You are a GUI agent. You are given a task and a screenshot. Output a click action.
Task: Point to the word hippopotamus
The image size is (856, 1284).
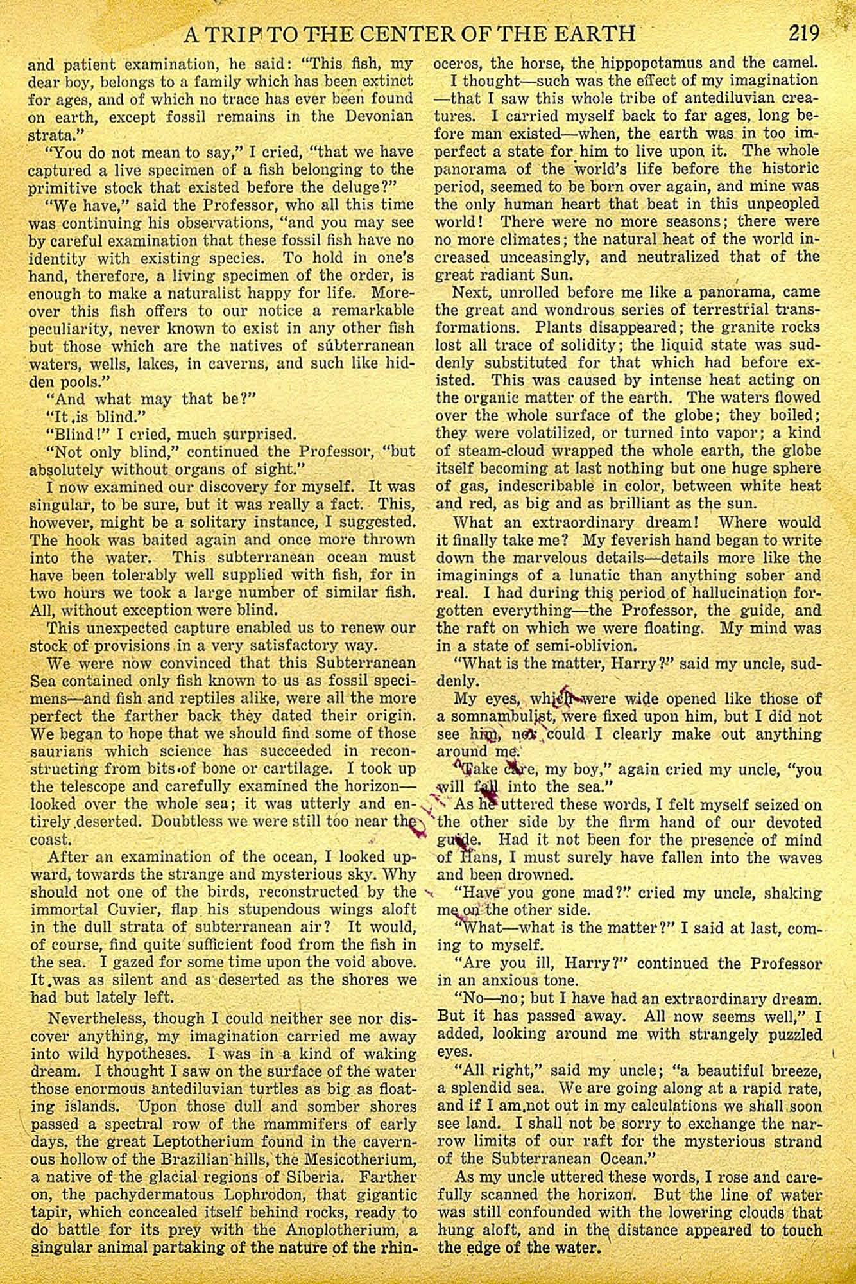pos(649,64)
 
